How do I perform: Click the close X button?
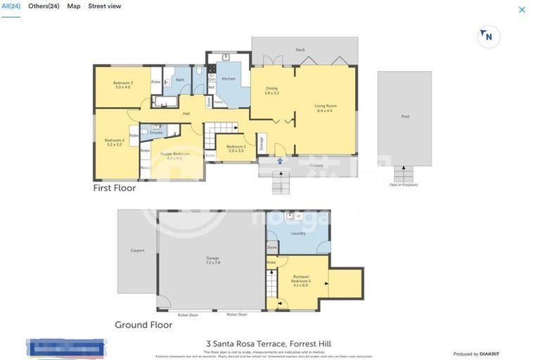[x=522, y=10]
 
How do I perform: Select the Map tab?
[x=74, y=6]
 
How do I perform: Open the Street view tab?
[x=104, y=6]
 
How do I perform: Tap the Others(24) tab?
[x=44, y=6]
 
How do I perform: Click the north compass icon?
[x=486, y=36]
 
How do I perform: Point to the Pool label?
[x=405, y=117]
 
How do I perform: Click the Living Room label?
[x=326, y=108]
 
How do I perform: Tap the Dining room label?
[x=271, y=91]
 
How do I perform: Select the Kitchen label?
[x=229, y=79]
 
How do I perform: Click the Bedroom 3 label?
[x=123, y=85]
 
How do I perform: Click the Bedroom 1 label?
[x=236, y=148]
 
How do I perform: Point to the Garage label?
[x=212, y=260]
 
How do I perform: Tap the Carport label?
[x=137, y=250]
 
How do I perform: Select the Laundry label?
[x=298, y=233]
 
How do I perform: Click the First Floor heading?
[x=115, y=188]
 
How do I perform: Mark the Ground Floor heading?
[x=143, y=325]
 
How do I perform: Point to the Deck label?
[x=300, y=50]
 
